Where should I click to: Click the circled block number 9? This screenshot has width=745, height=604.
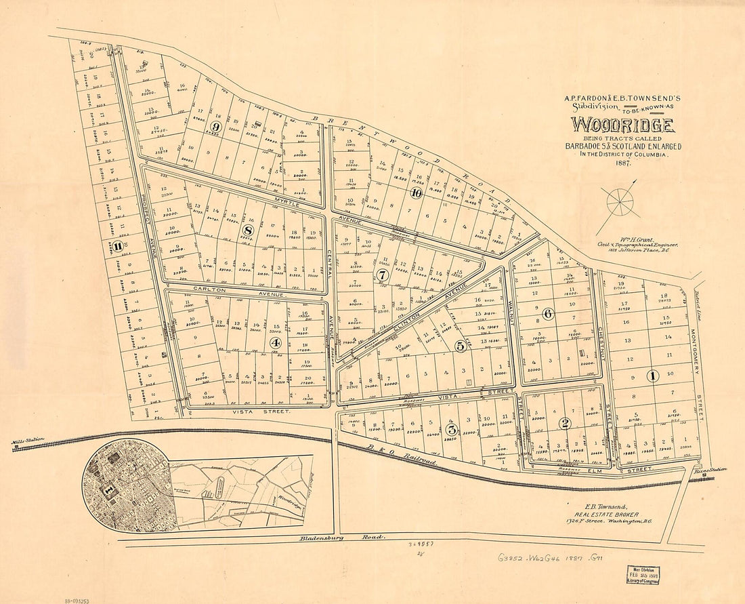point(216,126)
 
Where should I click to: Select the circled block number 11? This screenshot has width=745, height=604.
point(118,246)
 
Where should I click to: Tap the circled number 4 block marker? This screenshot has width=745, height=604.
point(275,342)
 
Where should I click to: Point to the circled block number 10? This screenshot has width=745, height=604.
point(416,193)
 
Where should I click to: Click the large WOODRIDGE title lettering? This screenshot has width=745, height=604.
point(622,125)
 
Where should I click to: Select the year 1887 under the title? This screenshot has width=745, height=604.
point(622,164)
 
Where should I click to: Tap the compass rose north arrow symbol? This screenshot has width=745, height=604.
point(619,202)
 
